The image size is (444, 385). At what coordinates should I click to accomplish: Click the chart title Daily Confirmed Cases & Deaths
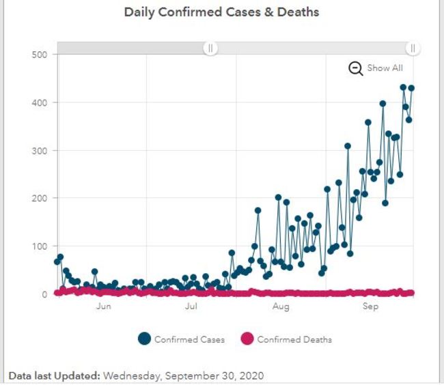[x=221, y=12]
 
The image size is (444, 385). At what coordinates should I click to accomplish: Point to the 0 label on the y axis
[x=43, y=294]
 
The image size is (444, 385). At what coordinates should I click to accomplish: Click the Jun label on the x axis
[x=104, y=307]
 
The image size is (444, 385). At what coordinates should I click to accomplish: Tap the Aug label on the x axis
[x=281, y=307]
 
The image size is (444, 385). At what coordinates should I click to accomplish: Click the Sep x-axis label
[x=370, y=307]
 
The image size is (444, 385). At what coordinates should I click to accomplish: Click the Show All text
[x=385, y=68]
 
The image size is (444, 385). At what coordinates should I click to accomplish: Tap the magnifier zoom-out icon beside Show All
[x=356, y=68]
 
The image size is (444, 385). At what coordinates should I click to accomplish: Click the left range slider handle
[x=211, y=48]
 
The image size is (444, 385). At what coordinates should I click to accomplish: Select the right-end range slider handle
[x=413, y=48]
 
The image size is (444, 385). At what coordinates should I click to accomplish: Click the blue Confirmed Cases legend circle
[x=144, y=339]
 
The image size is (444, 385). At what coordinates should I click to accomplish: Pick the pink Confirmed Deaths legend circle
[x=247, y=339]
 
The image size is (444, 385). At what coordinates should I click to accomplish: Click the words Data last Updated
[x=54, y=376]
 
